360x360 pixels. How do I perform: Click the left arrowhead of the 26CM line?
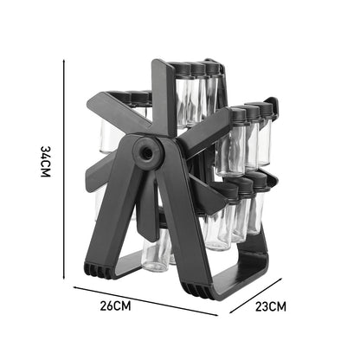pos(74,286)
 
